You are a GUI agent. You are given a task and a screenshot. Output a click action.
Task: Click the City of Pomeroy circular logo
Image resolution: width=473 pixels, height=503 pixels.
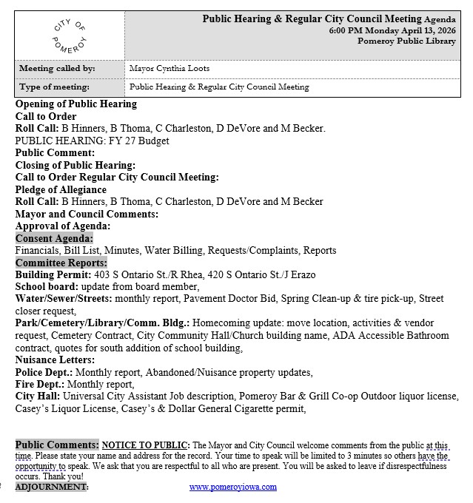70,33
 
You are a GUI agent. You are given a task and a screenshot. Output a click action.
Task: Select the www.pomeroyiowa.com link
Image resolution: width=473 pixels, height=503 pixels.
232,487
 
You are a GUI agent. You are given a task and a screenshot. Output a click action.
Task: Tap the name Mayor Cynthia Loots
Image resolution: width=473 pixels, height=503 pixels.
169,69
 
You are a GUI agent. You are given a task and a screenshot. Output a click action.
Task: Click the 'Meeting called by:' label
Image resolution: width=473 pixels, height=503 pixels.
52,69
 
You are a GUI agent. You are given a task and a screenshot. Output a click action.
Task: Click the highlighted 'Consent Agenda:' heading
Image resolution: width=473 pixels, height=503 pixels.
54,238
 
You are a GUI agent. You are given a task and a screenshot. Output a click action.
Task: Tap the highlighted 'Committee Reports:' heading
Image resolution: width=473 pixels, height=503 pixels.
61,263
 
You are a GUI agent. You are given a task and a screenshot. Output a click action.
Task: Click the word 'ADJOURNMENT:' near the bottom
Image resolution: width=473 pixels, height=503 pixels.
51,487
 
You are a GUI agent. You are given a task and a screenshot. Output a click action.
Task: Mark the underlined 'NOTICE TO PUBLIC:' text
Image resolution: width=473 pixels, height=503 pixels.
146,445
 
